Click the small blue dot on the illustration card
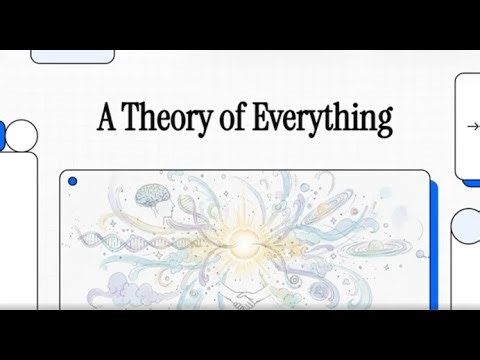[71, 182]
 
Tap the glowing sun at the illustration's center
[244, 240]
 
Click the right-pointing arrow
[472, 127]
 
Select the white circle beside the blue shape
[21, 134]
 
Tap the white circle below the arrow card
[465, 226]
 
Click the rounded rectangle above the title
[73, 56]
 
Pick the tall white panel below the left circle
[17, 230]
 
